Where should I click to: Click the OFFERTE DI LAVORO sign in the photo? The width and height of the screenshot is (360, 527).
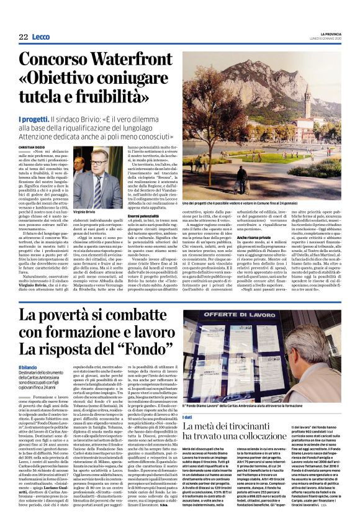point(240,318)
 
